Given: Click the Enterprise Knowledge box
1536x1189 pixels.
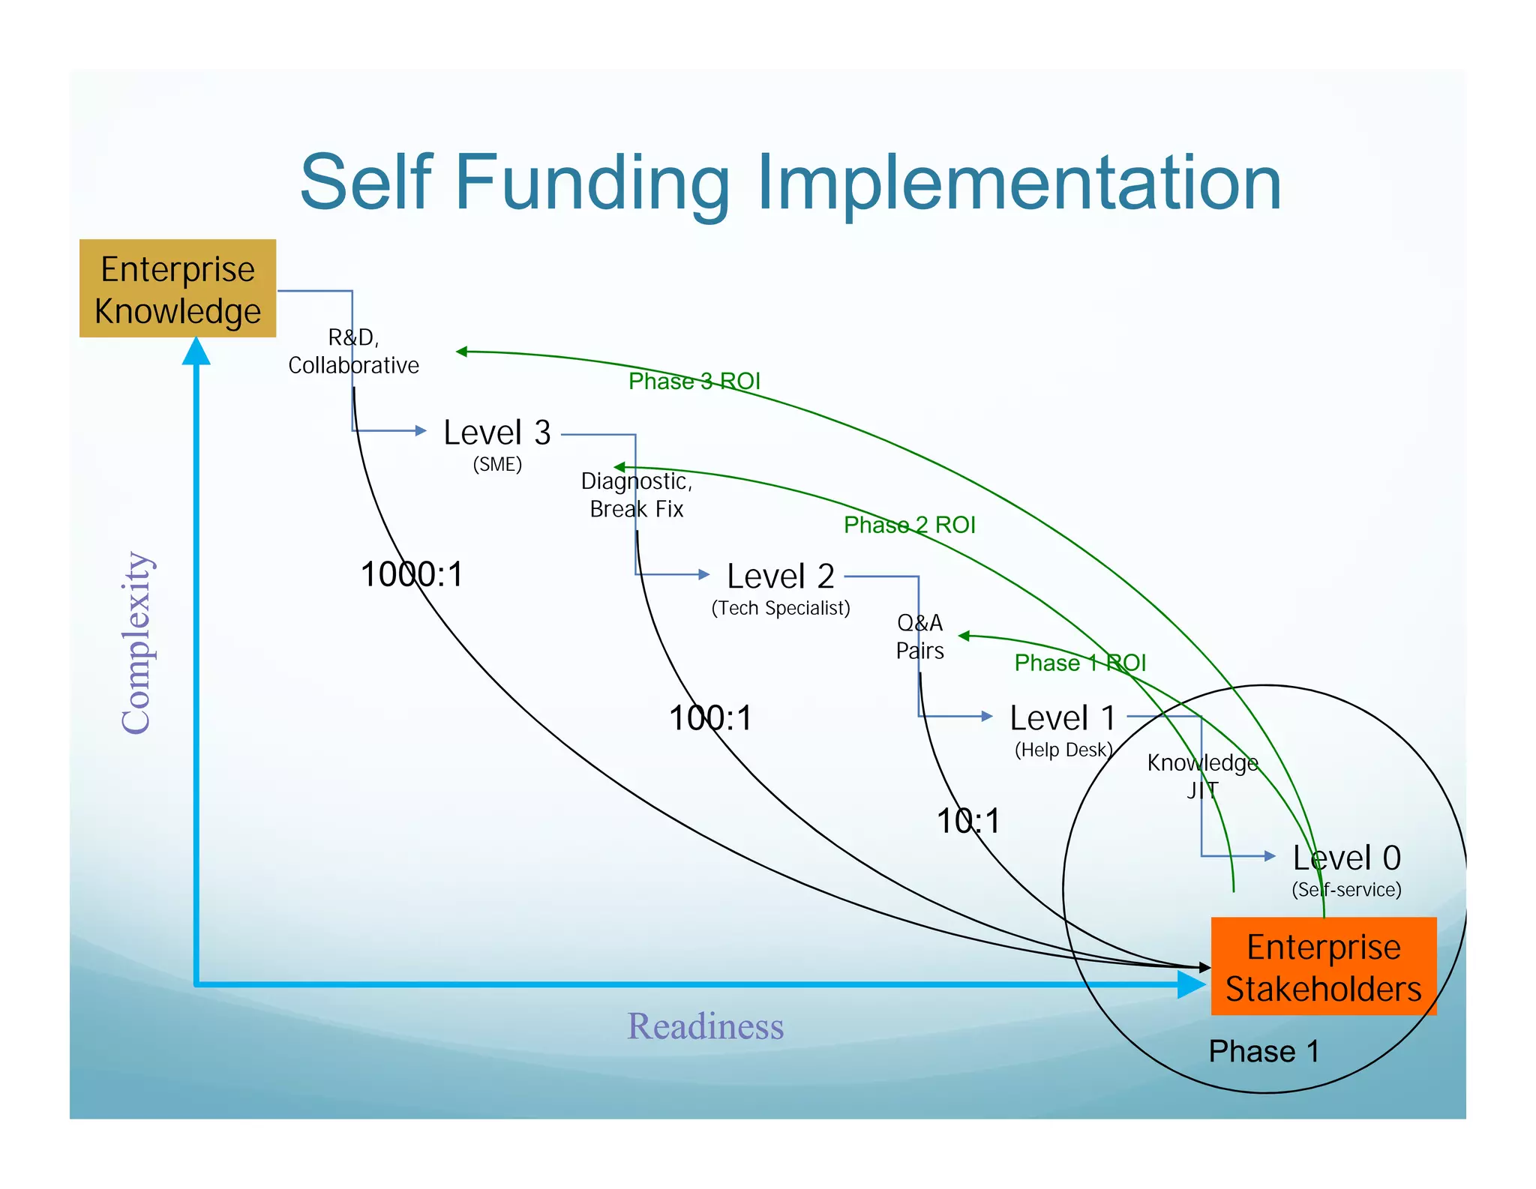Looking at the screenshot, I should tap(178, 289).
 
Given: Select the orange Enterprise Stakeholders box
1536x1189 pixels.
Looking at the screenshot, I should tap(1323, 966).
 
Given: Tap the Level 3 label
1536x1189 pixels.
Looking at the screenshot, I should tap(497, 433).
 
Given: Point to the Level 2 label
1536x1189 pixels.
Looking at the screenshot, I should tap(780, 577).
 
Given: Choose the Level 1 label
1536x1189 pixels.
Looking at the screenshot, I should tap(1062, 718).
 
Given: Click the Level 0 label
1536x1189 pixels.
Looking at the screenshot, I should tap(1346, 858).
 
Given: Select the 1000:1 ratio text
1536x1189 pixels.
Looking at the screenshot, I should tap(412, 575).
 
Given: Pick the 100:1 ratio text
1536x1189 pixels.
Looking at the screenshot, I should tap(709, 718).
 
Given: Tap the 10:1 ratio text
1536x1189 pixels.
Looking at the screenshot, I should tap(968, 821).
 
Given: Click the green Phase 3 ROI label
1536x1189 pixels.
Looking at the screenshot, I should tap(694, 382).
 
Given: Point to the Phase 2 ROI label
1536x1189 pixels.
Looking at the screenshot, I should tap(909, 525).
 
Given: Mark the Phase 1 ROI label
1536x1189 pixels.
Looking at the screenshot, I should tap(1080, 663).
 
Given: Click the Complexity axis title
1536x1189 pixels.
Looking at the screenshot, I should tap(136, 642).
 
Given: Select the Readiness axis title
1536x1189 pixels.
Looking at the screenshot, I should tap(705, 1026).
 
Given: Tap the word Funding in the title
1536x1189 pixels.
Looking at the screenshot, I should tap(592, 183).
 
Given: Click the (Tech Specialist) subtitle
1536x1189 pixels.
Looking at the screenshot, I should tap(780, 608).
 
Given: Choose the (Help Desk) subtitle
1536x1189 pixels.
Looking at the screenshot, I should tap(1063, 750).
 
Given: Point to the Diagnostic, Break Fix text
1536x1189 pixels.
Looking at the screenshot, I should tap(636, 495).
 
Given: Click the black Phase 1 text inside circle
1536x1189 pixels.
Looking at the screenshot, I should tap(1264, 1051).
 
